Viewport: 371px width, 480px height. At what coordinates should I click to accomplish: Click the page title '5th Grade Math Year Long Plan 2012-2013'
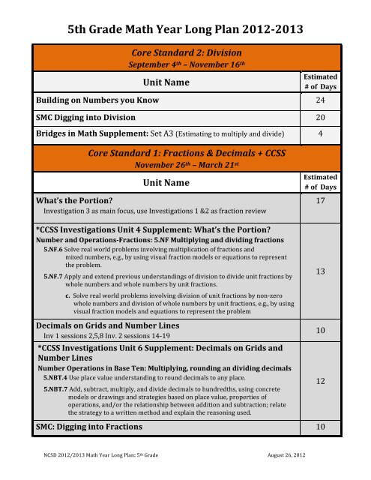[x=186, y=30]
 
